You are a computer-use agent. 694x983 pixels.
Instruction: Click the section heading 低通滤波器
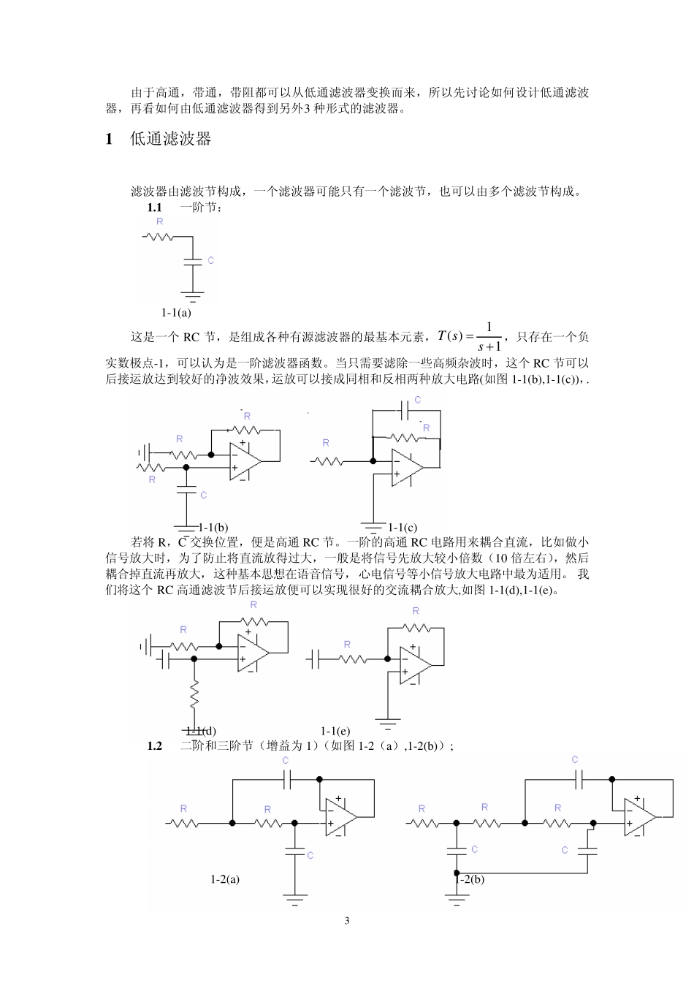click(x=170, y=139)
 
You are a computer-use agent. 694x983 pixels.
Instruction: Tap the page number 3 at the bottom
click(x=347, y=920)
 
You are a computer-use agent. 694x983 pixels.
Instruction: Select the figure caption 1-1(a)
click(x=176, y=313)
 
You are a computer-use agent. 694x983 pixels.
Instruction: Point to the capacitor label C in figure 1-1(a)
click(x=210, y=260)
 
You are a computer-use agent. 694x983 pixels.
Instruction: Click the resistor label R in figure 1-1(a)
click(x=159, y=221)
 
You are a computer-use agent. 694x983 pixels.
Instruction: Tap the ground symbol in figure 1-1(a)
click(x=193, y=296)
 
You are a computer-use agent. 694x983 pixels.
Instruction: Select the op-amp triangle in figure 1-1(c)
click(x=406, y=468)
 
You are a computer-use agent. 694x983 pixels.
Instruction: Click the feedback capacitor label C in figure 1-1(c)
click(x=417, y=400)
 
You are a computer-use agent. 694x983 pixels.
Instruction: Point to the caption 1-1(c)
click(x=403, y=527)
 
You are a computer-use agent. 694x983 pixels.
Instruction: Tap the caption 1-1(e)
click(x=335, y=731)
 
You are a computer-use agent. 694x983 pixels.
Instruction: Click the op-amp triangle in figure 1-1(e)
click(x=414, y=666)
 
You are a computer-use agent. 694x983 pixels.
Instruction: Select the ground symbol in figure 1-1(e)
click(x=388, y=724)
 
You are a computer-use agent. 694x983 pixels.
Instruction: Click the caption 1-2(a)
click(x=225, y=879)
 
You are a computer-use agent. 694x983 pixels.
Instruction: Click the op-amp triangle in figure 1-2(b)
click(x=639, y=817)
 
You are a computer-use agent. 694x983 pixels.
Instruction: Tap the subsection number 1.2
click(x=154, y=745)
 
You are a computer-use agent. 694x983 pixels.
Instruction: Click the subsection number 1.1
click(x=154, y=208)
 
